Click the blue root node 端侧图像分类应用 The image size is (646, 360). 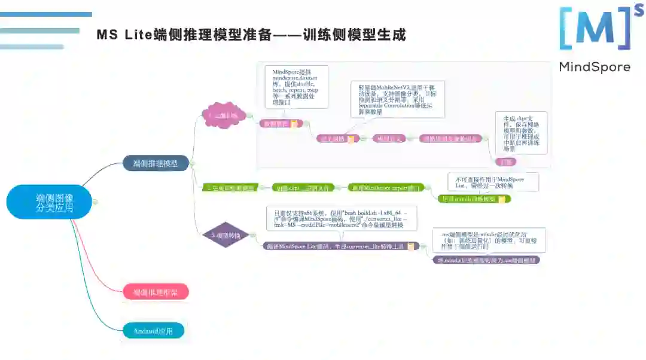click(51, 202)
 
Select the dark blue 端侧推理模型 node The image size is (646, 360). click(156, 163)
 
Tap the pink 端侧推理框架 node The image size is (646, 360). click(156, 292)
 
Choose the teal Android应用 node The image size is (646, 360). click(154, 331)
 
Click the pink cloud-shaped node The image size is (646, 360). click(223, 115)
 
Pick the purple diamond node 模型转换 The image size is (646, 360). click(223, 236)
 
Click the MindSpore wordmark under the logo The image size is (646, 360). click(594, 67)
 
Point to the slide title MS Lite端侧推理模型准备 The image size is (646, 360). click(251, 35)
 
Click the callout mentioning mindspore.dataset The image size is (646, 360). click(296, 87)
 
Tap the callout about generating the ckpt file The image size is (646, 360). click(521, 132)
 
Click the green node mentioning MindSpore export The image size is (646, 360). click(385, 187)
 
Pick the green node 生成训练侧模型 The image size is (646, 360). click(230, 188)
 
